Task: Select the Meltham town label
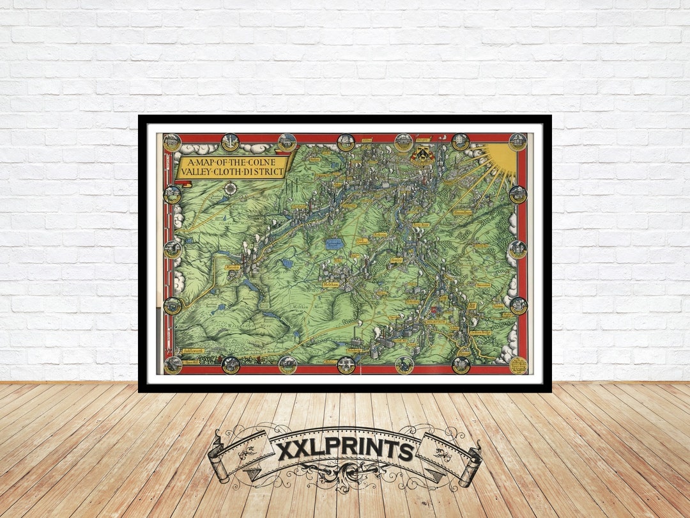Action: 330,285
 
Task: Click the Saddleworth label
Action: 192,351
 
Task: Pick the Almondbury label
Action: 461,212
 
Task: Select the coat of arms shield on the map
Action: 422,154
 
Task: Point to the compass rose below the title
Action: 230,188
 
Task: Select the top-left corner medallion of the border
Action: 172,142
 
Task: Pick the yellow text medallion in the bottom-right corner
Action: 518,365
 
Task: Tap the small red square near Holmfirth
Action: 432,310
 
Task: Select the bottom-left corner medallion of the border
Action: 172,365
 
